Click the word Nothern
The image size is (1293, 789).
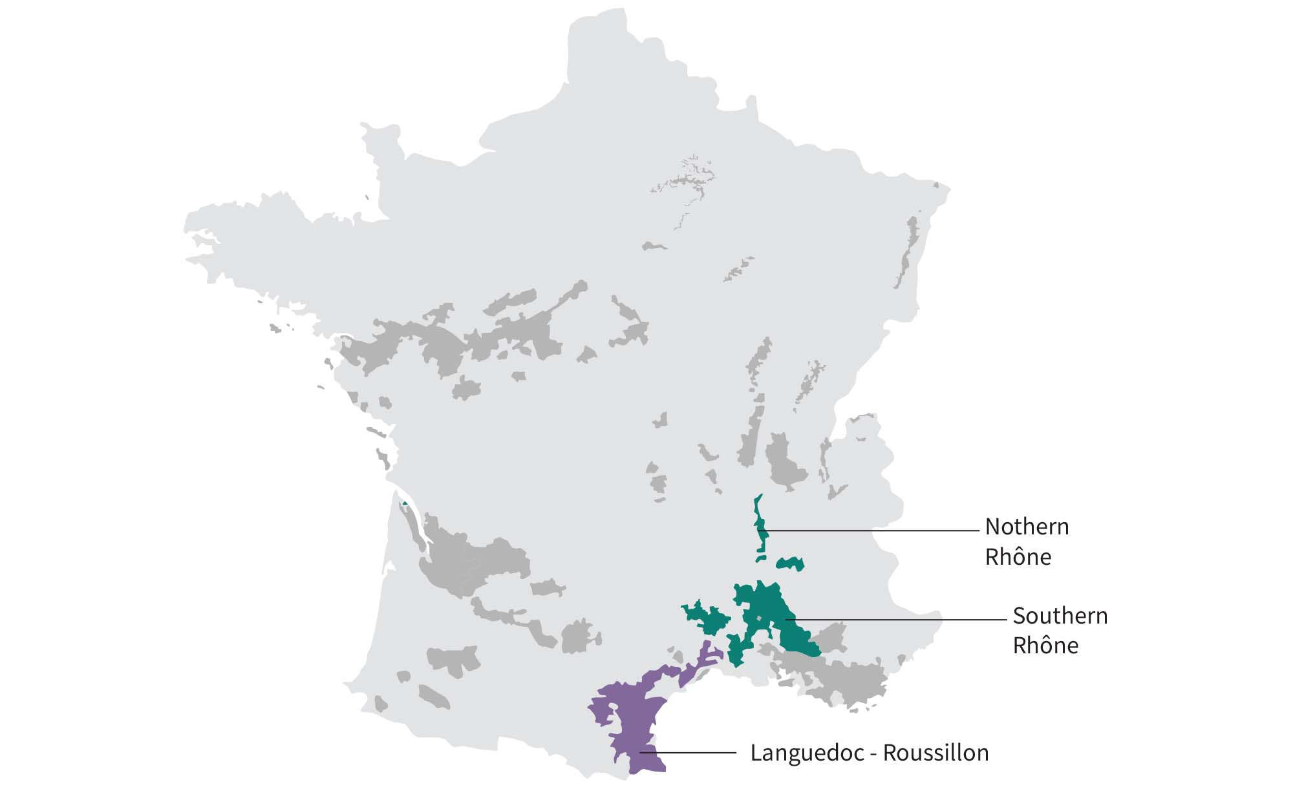pyautogui.click(x=1027, y=527)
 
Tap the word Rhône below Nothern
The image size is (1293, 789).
pyautogui.click(x=1018, y=557)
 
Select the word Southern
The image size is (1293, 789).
pyautogui.click(x=1060, y=616)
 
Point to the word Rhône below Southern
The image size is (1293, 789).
pyautogui.click(x=1045, y=646)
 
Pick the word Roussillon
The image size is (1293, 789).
pyautogui.click(x=935, y=753)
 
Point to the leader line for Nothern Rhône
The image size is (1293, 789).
pyautogui.click(x=873, y=531)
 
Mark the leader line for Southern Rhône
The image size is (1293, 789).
pyautogui.click(x=899, y=619)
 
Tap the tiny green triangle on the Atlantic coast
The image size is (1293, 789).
pyautogui.click(x=405, y=503)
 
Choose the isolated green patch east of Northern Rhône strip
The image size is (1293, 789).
pyautogui.click(x=790, y=563)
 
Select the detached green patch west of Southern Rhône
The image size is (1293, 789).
pyautogui.click(x=706, y=617)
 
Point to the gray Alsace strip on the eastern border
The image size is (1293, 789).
pyautogui.click(x=907, y=252)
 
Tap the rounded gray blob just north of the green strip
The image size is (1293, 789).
pyautogui.click(x=784, y=460)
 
